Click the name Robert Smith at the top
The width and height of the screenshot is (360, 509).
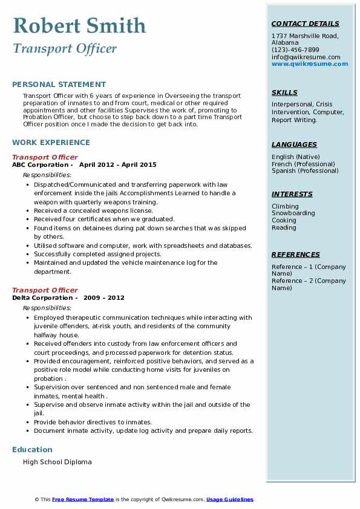[x=79, y=25]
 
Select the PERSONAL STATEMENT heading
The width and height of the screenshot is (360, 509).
[x=59, y=85]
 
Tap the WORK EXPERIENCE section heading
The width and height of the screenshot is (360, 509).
[x=51, y=143]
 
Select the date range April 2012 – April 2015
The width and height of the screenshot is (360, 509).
[x=117, y=164]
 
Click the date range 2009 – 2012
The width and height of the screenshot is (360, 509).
[x=103, y=297]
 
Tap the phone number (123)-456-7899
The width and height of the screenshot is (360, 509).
[x=295, y=50]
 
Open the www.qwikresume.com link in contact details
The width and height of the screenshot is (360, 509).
[x=310, y=64]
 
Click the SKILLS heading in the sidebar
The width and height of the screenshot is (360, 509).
[x=284, y=92]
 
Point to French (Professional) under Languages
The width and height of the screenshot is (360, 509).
[x=303, y=164]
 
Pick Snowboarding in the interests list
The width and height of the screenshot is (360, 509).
[x=293, y=213]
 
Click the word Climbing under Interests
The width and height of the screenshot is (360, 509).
[x=285, y=206]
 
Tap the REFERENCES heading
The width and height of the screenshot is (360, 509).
[x=295, y=254]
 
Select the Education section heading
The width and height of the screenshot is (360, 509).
[x=32, y=449]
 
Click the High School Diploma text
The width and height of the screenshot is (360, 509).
[x=57, y=462]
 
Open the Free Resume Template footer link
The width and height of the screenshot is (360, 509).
[x=83, y=499]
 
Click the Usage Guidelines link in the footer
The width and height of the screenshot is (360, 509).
[x=230, y=499]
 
